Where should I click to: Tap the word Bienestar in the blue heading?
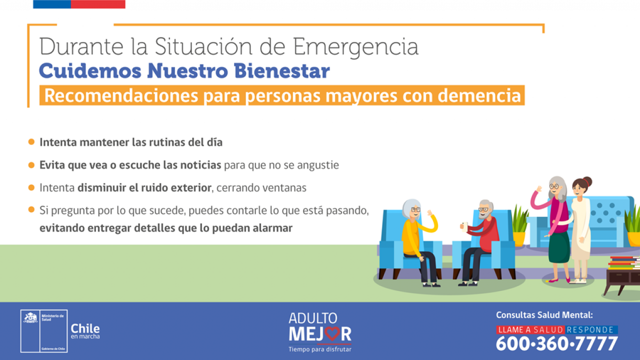(281, 70)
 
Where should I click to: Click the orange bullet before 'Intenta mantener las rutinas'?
(31, 141)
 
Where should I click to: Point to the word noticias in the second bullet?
(200, 165)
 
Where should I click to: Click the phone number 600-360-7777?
(557, 343)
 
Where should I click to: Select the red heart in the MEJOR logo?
(332, 333)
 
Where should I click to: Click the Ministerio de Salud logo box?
(44, 331)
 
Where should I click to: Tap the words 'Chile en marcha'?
(85, 331)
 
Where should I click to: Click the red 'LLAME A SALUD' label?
(530, 329)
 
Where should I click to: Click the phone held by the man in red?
(464, 226)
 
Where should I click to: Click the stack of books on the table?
(624, 262)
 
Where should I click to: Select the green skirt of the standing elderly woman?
(559, 247)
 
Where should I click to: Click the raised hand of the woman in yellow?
(429, 213)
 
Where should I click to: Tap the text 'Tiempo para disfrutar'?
(319, 349)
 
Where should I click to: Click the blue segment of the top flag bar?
(52, 4)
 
